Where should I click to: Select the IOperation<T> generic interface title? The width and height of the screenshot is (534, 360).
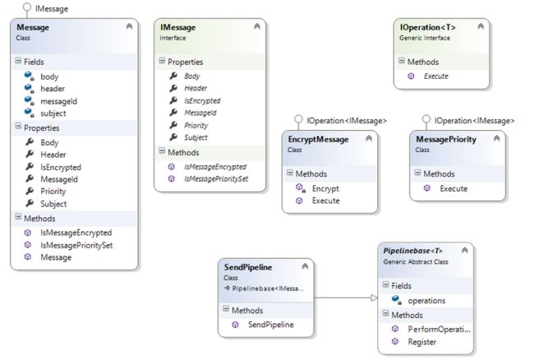coord(426,27)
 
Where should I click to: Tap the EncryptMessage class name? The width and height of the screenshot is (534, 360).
coord(318,139)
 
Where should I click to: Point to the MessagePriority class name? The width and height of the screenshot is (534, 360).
coord(446,139)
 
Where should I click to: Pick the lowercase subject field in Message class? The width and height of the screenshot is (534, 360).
coord(53,113)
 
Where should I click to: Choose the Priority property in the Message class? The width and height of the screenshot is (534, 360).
coord(53,191)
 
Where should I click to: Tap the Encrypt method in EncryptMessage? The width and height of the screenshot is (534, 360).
coord(325,188)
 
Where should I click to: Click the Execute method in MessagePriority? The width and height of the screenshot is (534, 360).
coord(453,188)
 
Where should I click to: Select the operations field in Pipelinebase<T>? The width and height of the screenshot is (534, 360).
coord(426,300)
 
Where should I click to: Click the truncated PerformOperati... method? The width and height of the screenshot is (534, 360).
coord(439,329)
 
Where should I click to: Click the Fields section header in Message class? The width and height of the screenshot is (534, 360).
coord(33,62)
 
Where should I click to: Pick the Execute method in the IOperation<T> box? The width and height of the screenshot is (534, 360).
coord(435,76)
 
